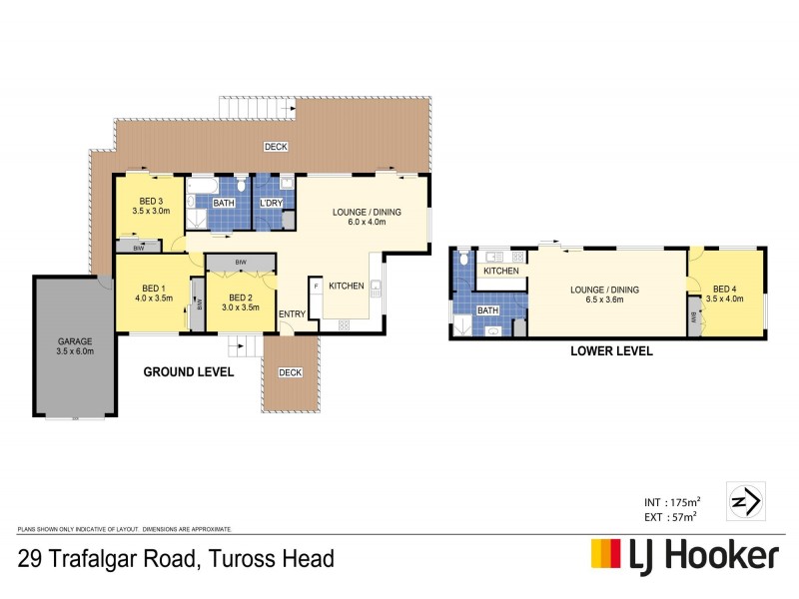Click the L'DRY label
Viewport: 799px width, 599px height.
click(271, 204)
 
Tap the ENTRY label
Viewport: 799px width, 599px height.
click(293, 314)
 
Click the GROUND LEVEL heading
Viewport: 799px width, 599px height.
click(189, 371)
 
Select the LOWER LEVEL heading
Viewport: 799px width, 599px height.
click(611, 350)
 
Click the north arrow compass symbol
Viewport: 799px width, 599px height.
click(746, 498)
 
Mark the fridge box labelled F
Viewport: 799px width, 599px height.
click(317, 287)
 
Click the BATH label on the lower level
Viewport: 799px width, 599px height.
click(487, 310)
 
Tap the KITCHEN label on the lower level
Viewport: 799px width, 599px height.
click(500, 272)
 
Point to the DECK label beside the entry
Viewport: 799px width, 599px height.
click(290, 372)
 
